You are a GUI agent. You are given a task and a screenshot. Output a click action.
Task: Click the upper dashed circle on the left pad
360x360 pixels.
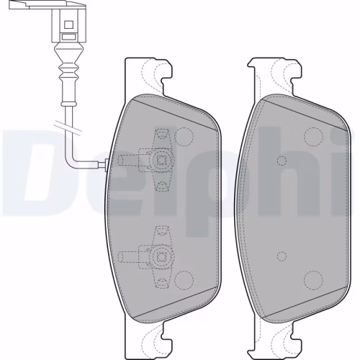tap(185, 135)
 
